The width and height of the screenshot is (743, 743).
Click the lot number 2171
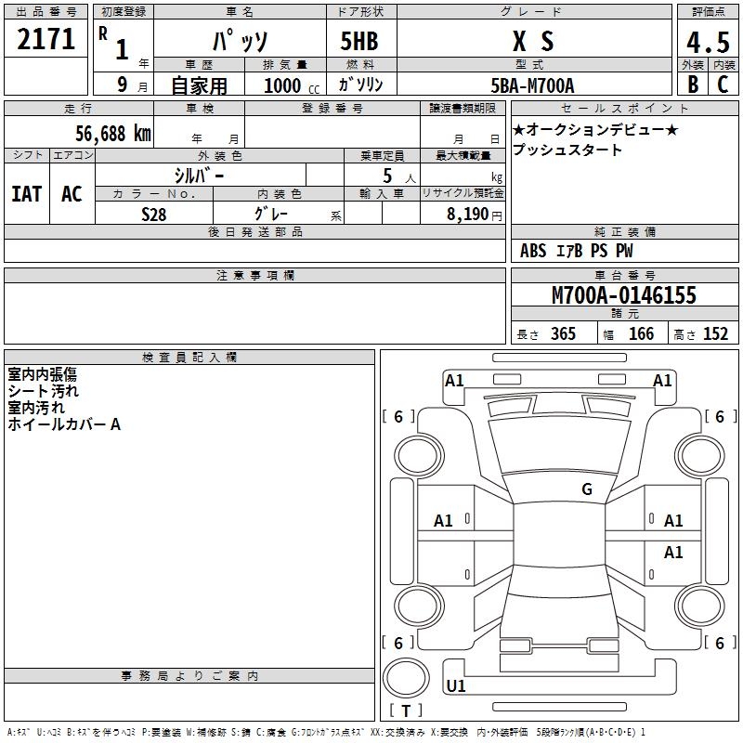tap(46, 40)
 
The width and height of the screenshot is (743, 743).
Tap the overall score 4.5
tap(707, 42)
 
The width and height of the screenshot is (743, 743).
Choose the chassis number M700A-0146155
tap(624, 296)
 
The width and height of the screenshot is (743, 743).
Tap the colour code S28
tap(154, 214)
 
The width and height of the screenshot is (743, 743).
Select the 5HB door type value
tap(359, 41)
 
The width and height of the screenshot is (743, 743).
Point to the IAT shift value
tap(26, 194)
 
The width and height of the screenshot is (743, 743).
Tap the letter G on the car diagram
tap(587, 489)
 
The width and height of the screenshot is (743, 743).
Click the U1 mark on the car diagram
tap(456, 686)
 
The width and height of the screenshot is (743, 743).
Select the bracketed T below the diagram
tap(406, 711)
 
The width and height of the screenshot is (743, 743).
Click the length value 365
tap(562, 334)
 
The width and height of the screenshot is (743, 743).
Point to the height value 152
tap(715, 334)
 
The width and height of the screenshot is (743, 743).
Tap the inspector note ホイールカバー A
tap(64, 424)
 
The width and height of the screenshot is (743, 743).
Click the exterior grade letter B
tap(692, 85)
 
